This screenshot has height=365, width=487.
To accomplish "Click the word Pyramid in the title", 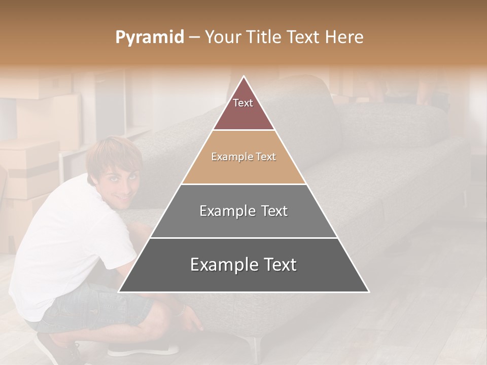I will pyautogui.click(x=149, y=38).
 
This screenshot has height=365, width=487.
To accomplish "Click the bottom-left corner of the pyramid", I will pyautogui.click(x=120, y=291).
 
